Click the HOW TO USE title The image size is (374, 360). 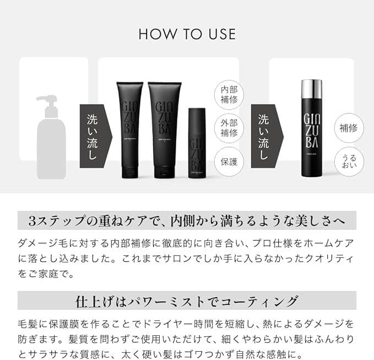[187, 34]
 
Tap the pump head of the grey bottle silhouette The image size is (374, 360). [49, 103]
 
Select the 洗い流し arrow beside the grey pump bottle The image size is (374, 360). [95, 136]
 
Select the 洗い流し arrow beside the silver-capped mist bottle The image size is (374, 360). [266, 136]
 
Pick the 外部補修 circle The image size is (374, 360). [229, 127]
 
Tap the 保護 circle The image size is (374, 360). [229, 162]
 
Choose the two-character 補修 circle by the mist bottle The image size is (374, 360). [349, 128]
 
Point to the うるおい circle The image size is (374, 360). [349, 162]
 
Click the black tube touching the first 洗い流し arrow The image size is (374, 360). [129, 130]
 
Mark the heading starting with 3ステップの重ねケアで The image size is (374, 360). [187, 221]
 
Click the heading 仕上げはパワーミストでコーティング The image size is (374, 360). [187, 301]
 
